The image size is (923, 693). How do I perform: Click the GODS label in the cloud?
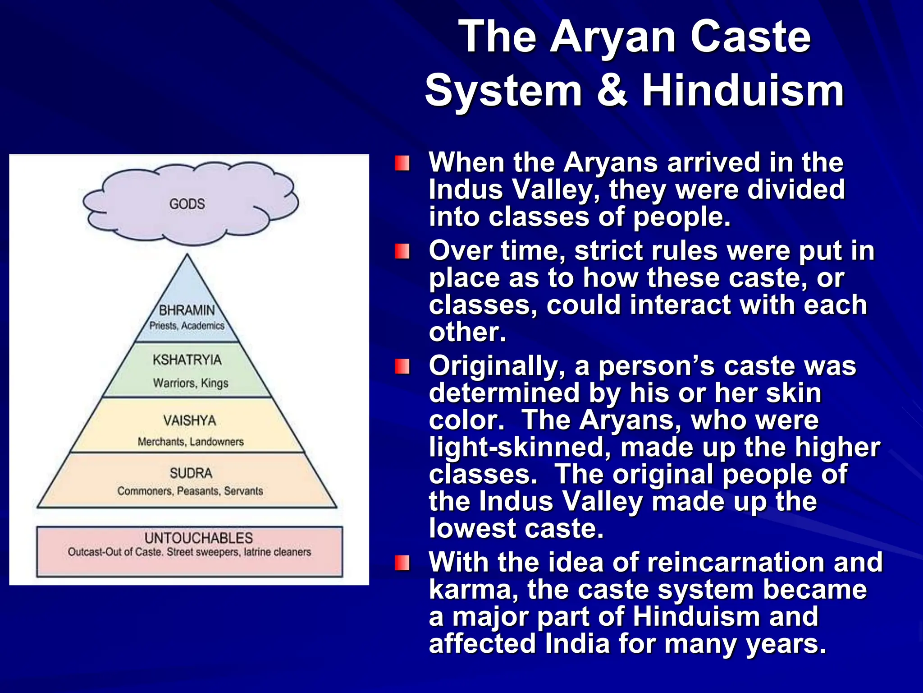[x=187, y=204]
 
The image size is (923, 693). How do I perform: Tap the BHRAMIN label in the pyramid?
[x=187, y=310]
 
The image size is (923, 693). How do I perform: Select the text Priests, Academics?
[x=187, y=325]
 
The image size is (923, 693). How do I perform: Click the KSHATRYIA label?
[x=187, y=360]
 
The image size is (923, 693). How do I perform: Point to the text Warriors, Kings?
[x=191, y=383]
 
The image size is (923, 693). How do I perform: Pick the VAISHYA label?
[x=190, y=420]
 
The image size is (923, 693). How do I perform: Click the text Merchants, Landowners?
[x=191, y=442]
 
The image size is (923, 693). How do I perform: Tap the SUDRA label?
[x=191, y=473]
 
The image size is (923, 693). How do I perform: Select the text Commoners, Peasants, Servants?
[x=190, y=491]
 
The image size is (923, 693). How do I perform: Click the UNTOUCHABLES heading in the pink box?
[x=199, y=538]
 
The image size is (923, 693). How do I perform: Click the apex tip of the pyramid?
[x=187, y=255]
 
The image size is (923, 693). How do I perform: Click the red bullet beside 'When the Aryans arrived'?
[x=402, y=163]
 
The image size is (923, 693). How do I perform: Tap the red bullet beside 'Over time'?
[x=402, y=251]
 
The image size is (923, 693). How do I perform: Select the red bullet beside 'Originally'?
[x=402, y=366]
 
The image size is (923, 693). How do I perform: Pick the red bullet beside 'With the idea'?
[x=402, y=563]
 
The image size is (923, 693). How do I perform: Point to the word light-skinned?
[x=520, y=447]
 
